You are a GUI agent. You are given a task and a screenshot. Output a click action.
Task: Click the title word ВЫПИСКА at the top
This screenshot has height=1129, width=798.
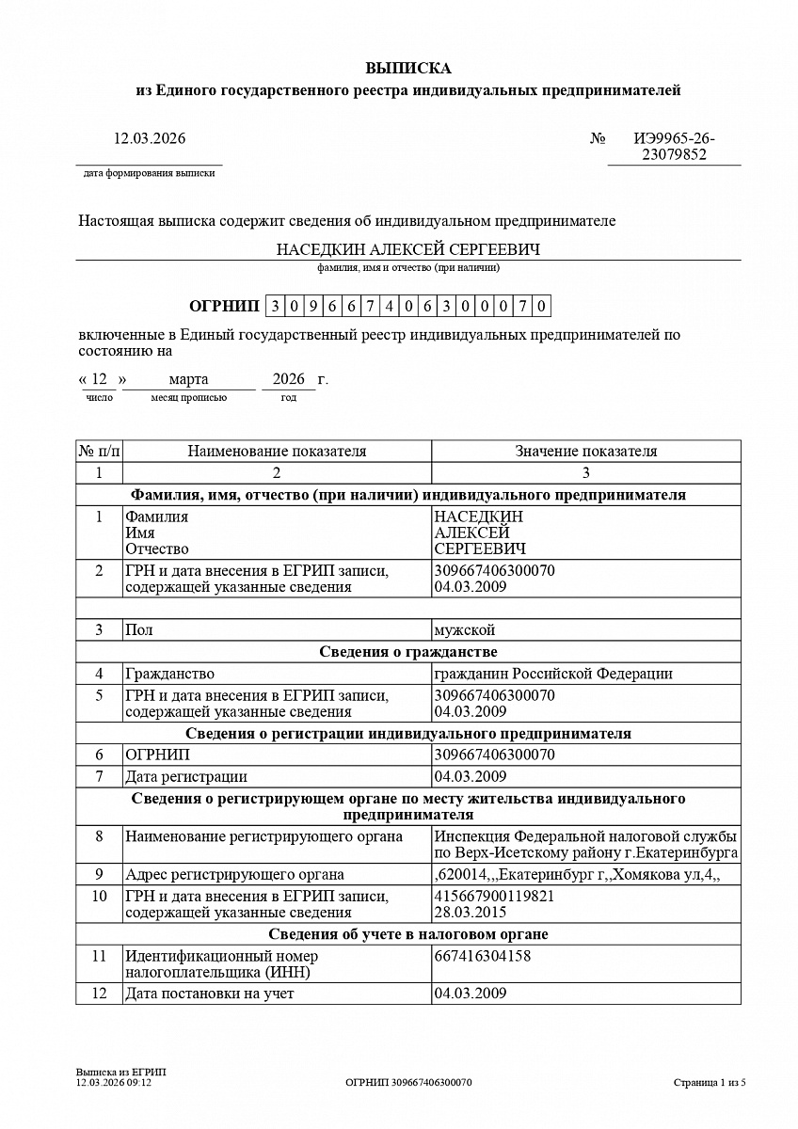(x=408, y=68)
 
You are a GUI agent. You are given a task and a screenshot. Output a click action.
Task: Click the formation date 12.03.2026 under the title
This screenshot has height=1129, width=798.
(x=150, y=138)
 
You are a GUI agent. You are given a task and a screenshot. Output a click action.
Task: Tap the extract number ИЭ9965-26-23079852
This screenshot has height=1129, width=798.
(x=674, y=147)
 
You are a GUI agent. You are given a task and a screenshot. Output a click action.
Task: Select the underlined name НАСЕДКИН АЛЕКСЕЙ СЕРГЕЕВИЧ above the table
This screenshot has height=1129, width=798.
(x=408, y=249)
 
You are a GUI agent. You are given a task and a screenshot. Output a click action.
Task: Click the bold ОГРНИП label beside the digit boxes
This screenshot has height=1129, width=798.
(x=223, y=306)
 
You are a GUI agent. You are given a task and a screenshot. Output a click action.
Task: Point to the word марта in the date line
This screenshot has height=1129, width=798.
(x=188, y=379)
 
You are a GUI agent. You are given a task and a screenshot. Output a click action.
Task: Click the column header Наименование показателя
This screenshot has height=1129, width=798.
(x=277, y=451)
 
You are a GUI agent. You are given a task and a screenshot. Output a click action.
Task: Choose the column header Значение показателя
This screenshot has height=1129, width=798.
(x=585, y=451)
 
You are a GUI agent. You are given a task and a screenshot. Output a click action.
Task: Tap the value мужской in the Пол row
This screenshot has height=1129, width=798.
(x=464, y=629)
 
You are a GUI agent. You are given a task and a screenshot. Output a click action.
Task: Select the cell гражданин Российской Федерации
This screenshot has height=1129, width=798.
(x=552, y=674)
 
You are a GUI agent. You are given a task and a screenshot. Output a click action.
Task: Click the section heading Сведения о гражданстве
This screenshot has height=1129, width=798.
(x=408, y=652)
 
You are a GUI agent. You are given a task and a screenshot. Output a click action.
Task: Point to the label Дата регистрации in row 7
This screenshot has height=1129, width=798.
(x=186, y=776)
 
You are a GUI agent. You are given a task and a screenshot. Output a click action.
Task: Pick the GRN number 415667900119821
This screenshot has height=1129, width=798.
(x=494, y=896)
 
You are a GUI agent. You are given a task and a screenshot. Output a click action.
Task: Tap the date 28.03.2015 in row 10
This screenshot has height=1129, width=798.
(x=471, y=912)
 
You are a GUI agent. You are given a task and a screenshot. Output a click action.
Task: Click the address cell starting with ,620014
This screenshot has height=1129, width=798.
(x=577, y=875)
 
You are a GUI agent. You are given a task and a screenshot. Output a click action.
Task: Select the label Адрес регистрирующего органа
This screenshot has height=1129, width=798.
(x=235, y=875)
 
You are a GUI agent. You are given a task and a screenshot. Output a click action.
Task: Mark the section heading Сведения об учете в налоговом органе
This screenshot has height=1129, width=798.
(x=408, y=934)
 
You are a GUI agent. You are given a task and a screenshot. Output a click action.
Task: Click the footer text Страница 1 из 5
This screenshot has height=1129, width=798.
(x=710, y=1083)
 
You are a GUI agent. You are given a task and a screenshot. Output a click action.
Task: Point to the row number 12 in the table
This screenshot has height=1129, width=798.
(x=99, y=994)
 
